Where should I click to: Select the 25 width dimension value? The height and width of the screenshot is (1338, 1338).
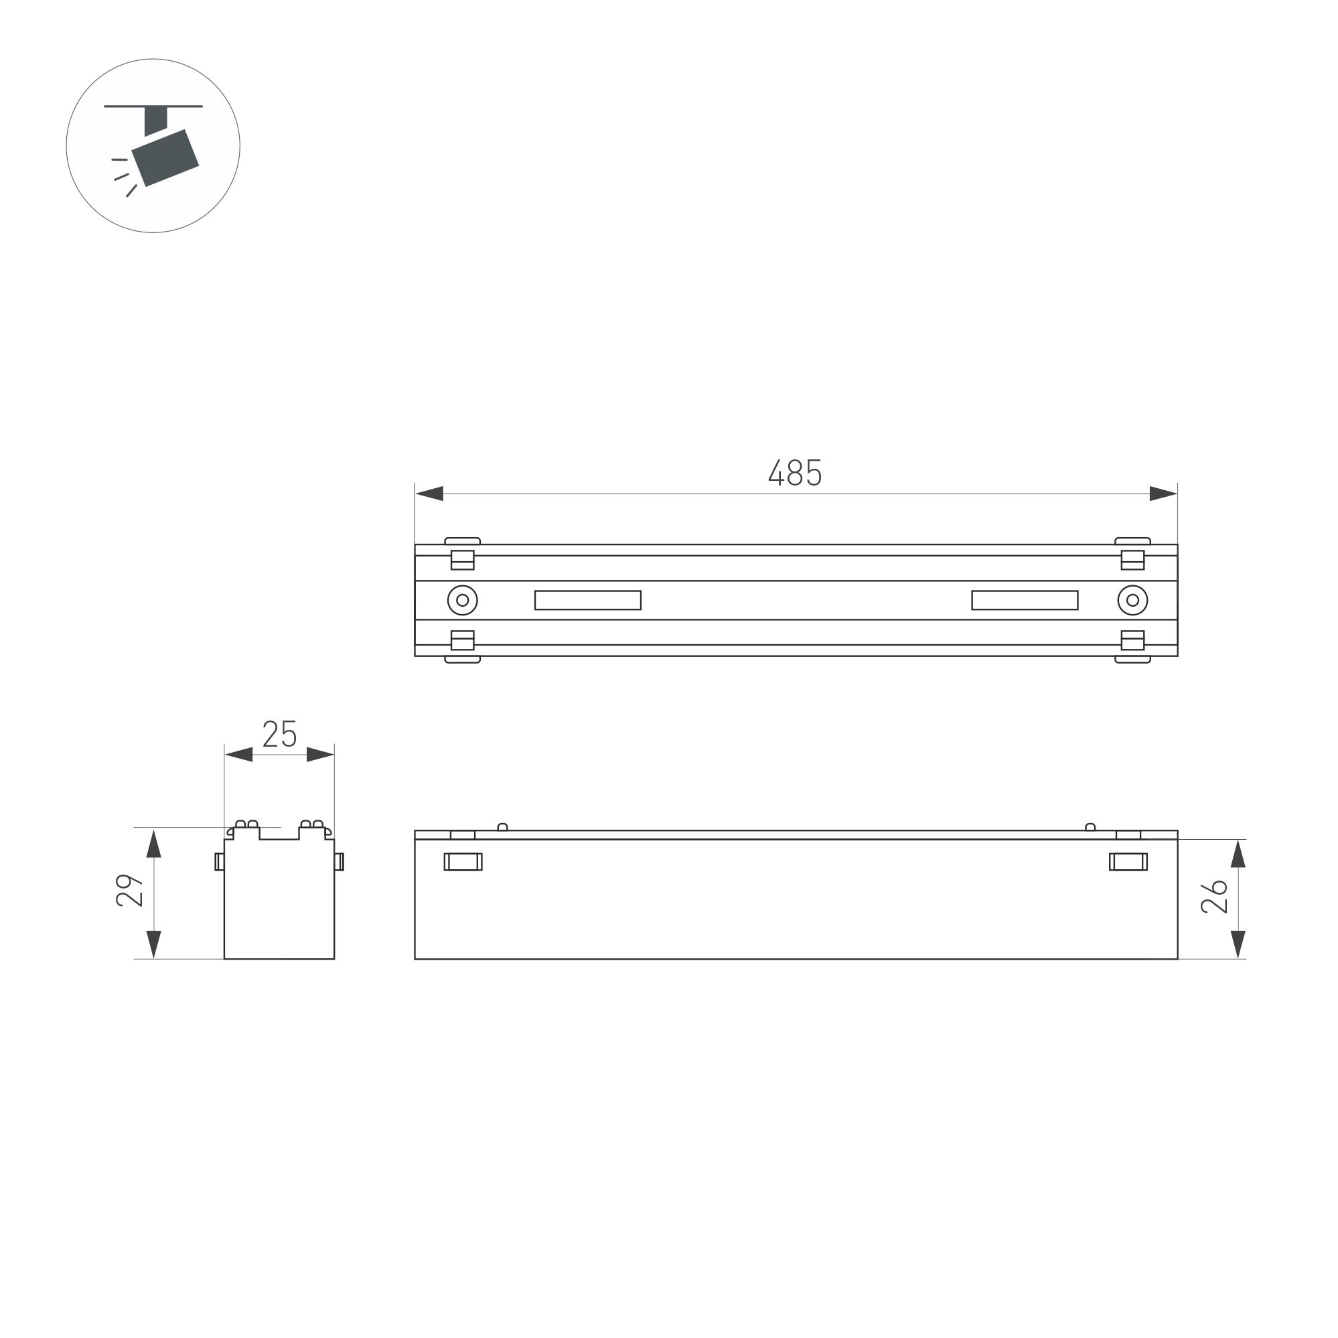[279, 734]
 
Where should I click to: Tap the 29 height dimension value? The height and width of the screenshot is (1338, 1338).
[129, 891]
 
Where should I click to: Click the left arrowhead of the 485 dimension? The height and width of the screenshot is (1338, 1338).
[429, 494]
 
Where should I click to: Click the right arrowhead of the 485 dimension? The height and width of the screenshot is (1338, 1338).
[1163, 494]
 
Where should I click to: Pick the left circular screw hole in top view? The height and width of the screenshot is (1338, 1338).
[463, 600]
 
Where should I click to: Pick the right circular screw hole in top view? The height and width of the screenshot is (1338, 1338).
[1132, 600]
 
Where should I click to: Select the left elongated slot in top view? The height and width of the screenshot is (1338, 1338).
[587, 600]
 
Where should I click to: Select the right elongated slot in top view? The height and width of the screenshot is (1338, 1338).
[1025, 600]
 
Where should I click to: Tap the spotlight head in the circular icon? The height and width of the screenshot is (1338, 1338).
[165, 158]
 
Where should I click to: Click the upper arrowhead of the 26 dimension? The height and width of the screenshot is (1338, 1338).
[1238, 853]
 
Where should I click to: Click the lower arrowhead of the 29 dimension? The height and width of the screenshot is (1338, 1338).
[154, 945]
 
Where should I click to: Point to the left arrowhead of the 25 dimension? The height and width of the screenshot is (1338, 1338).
[239, 754]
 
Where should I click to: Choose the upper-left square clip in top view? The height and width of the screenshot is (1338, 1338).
[463, 560]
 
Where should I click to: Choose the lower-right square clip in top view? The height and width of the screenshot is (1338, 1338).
[1132, 640]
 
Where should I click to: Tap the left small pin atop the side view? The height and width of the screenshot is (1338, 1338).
[503, 826]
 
